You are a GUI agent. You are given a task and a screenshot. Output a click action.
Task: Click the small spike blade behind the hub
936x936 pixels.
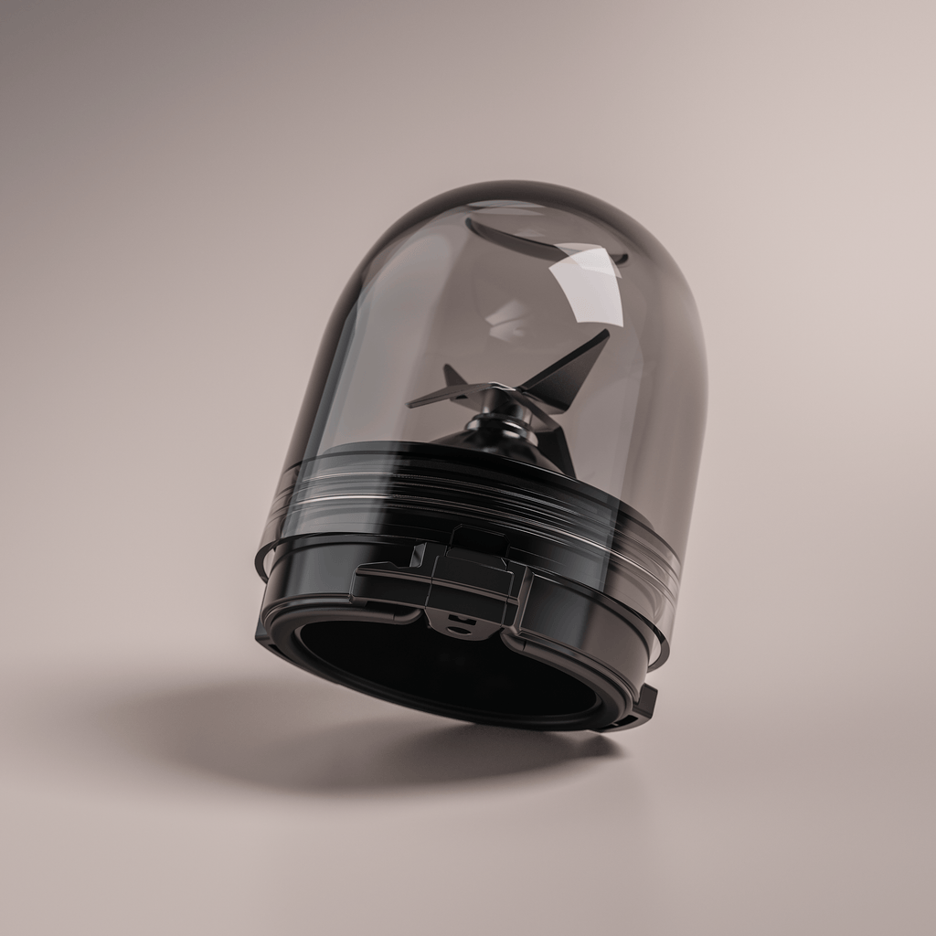pyautogui.click(x=452, y=376)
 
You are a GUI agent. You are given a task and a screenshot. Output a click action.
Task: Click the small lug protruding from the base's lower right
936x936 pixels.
pyautogui.click(x=645, y=704)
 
